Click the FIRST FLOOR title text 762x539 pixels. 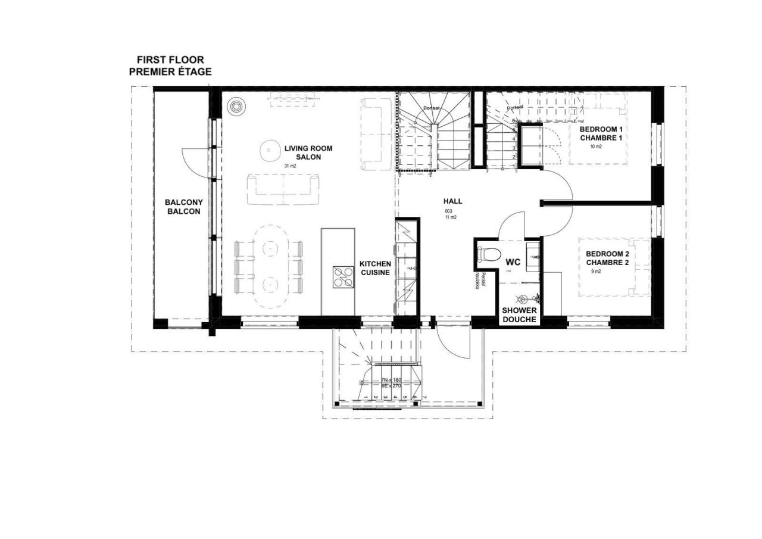[170, 60]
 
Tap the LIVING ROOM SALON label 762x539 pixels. [308, 153]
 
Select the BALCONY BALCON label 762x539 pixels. [183, 207]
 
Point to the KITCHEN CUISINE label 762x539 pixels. [375, 268]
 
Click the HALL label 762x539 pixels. [452, 201]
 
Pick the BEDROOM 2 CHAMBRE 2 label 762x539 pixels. [607, 258]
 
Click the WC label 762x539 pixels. [513, 262]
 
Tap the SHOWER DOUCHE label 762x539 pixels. [519, 315]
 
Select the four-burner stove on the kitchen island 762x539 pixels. [342, 277]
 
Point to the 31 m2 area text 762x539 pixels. [290, 166]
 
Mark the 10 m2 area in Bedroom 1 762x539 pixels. [596, 147]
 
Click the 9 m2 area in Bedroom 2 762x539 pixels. [596, 272]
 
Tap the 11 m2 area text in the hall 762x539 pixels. [451, 217]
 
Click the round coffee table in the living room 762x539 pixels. [270, 149]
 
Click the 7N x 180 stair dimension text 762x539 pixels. [392, 379]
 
